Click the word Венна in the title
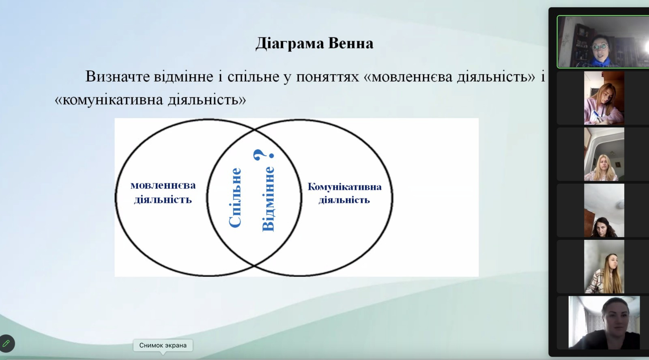coord(351,43)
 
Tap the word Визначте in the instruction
coord(117,77)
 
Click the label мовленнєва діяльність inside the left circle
coord(163,192)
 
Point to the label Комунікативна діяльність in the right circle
coord(344,193)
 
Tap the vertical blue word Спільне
coord(235,197)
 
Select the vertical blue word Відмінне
coord(268,199)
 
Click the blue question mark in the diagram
coord(263,155)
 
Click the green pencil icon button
coord(6,344)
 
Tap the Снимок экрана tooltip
coord(163,345)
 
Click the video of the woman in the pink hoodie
coord(604,98)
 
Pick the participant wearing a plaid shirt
coord(604,266)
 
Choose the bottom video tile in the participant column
coord(604,323)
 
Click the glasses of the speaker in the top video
coord(600,46)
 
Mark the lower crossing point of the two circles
coord(254,265)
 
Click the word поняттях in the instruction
coord(327,77)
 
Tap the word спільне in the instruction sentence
coord(253,77)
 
